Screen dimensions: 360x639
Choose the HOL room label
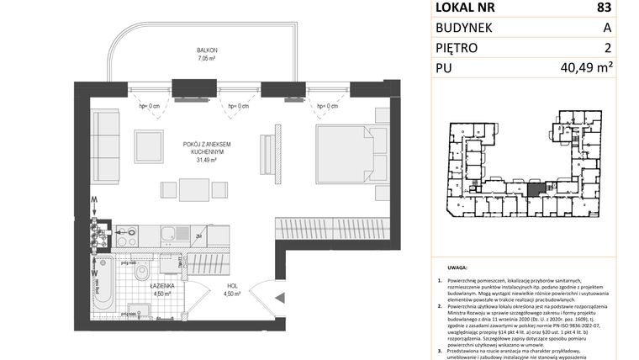(231, 286)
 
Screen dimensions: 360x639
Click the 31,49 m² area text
(207, 159)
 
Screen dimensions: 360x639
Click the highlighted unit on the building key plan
(535, 187)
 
